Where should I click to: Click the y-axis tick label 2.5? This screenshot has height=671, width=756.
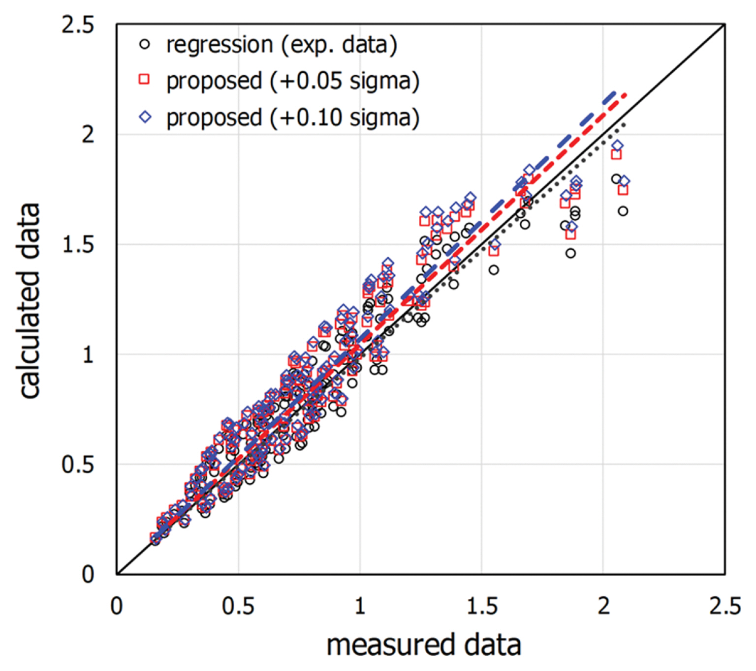pyautogui.click(x=77, y=24)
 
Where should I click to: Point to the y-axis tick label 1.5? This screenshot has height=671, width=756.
pyautogui.click(x=77, y=244)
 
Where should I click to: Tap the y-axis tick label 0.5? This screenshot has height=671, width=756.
pyautogui.click(x=77, y=464)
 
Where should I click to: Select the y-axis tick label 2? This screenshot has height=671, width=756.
pyautogui.click(x=88, y=134)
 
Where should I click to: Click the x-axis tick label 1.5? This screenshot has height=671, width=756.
pyautogui.click(x=482, y=606)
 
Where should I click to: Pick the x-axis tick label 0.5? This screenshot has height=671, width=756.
pyautogui.click(x=238, y=606)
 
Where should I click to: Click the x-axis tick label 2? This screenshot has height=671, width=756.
pyautogui.click(x=603, y=606)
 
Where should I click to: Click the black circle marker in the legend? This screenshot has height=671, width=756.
pyautogui.click(x=145, y=44)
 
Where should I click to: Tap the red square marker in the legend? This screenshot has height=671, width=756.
pyautogui.click(x=144, y=79)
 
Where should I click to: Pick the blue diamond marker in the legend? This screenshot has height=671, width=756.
pyautogui.click(x=145, y=117)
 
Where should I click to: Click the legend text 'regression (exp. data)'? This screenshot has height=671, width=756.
pyautogui.click(x=282, y=45)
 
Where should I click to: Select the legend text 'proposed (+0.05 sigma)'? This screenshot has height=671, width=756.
pyautogui.click(x=293, y=81)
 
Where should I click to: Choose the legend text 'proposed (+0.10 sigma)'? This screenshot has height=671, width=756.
pyautogui.click(x=293, y=118)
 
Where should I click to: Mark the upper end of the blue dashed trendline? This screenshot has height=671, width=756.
pyautogui.click(x=615, y=92)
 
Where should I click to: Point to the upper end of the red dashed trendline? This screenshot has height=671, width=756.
pyautogui.click(x=626, y=93)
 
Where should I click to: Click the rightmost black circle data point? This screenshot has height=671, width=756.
pyautogui.click(x=623, y=211)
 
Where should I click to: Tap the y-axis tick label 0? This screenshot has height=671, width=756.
pyautogui.click(x=88, y=574)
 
